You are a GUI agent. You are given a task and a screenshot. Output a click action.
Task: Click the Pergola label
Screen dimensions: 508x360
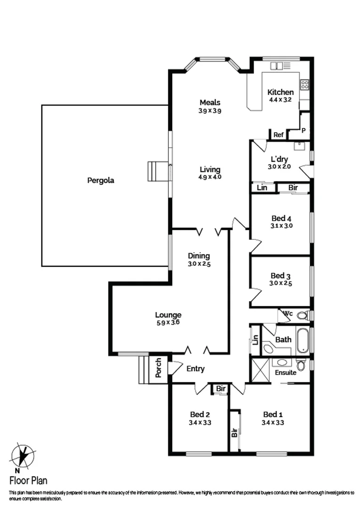pos(101,180)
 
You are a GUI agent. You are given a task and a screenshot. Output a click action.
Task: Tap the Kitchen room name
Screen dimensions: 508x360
pos(280,92)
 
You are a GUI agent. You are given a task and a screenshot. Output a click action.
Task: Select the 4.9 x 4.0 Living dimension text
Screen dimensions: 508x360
pos(210,177)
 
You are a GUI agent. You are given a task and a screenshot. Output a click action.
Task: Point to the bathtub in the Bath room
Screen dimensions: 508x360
pos(302,340)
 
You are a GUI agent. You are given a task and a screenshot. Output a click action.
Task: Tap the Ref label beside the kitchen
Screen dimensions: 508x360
pos(279,135)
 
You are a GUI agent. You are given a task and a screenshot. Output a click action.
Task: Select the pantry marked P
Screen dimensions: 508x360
pos(304,130)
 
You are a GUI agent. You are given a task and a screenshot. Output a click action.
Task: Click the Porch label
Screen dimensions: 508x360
pos(158,368)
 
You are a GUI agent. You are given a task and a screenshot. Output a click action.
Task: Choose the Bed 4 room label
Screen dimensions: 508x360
pos(281,218)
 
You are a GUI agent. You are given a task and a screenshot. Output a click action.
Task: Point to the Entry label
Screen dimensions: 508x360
pos(195,369)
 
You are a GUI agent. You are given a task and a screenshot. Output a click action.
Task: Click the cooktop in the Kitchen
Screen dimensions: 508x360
pos(304,85)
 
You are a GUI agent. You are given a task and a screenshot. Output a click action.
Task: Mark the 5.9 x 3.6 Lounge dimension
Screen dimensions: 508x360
pos(168,323)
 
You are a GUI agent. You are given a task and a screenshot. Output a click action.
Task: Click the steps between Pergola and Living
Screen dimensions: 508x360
pos(158,171)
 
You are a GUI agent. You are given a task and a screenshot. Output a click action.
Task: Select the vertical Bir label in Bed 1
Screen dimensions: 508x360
pos(234,433)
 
